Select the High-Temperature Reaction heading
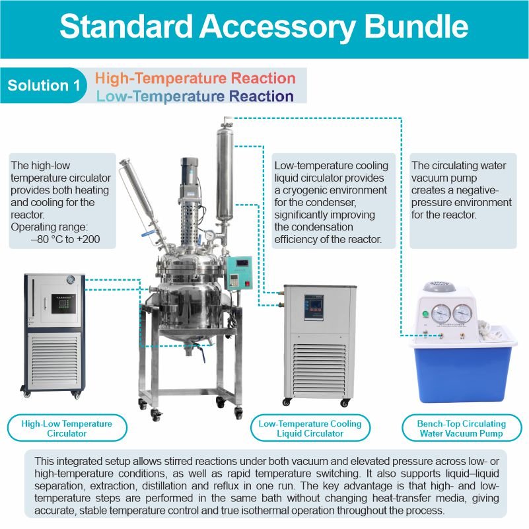tap(195, 78)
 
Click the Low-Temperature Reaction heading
tap(195, 96)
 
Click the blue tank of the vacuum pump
tap(462, 370)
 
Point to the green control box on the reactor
tap(237, 272)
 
